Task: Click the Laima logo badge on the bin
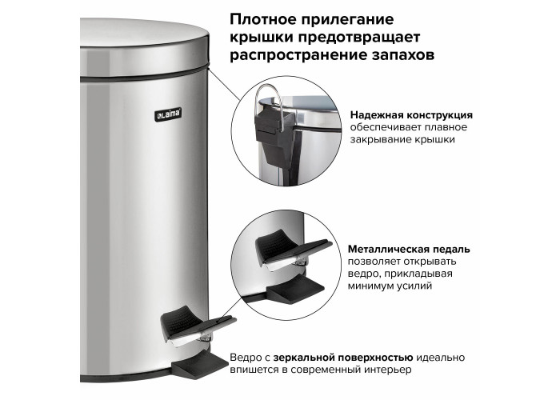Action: click(168, 114)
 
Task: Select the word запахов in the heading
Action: click(402, 56)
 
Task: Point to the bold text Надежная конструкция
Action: click(411, 115)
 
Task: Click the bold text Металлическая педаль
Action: click(410, 249)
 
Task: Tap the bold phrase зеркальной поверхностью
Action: click(343, 358)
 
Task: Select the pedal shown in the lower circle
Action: click(293, 250)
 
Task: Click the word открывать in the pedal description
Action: click(430, 262)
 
